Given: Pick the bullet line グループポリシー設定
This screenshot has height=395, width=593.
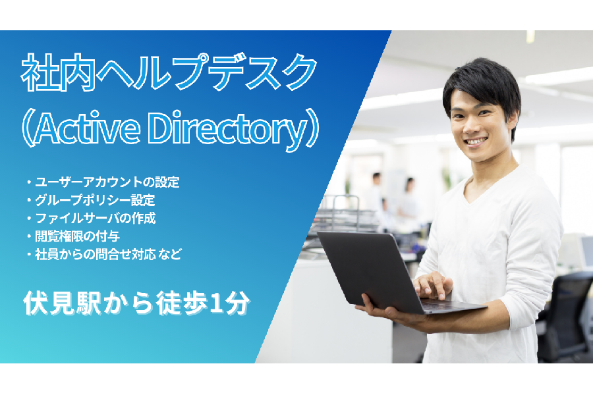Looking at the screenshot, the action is (x=91, y=200).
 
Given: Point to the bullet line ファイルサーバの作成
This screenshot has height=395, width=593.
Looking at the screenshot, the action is (x=92, y=219).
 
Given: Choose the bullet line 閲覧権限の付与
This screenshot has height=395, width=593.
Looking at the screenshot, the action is (x=73, y=236).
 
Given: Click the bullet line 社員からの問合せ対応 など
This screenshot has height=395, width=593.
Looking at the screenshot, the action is (x=104, y=254).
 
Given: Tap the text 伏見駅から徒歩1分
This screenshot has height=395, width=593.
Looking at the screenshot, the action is (x=136, y=303).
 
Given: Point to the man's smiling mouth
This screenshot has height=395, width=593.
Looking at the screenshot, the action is (x=475, y=142).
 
